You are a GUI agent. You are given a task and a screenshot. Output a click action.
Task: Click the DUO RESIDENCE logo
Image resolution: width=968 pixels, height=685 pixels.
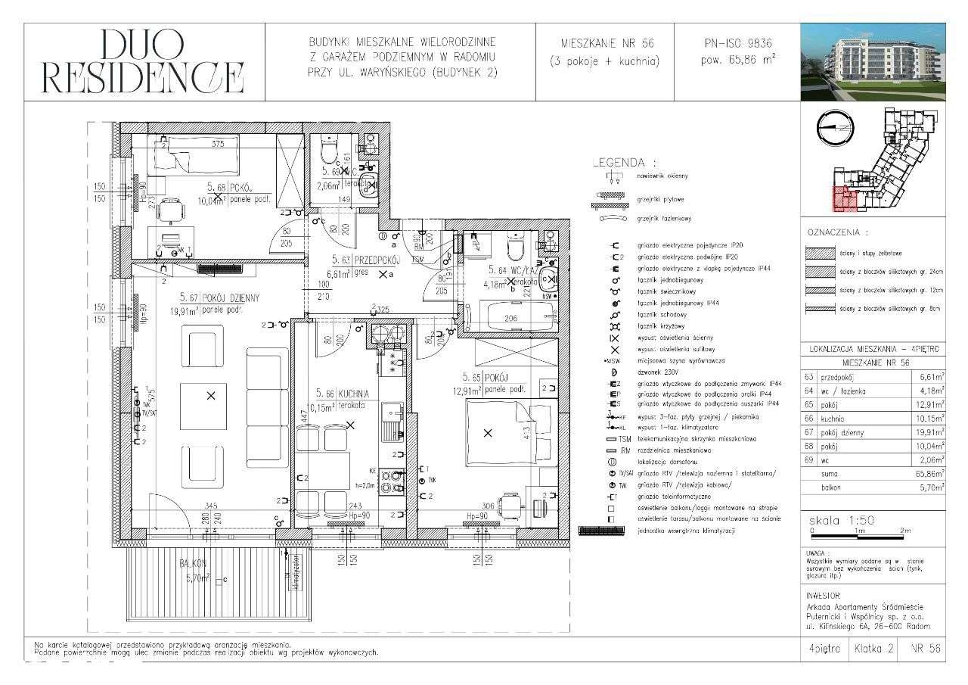(143, 62)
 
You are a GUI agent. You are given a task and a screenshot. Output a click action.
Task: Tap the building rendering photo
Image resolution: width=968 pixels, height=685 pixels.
(873, 62)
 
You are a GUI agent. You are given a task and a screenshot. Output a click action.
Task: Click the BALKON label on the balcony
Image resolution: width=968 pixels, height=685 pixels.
(194, 563)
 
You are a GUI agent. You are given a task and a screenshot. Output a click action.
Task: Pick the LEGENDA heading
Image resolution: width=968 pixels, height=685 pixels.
(623, 162)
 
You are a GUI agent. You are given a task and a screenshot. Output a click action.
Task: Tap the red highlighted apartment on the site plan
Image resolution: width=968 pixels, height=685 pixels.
(845, 199)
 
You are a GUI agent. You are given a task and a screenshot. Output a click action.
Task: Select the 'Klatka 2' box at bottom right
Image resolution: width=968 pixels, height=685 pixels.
(873, 648)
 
